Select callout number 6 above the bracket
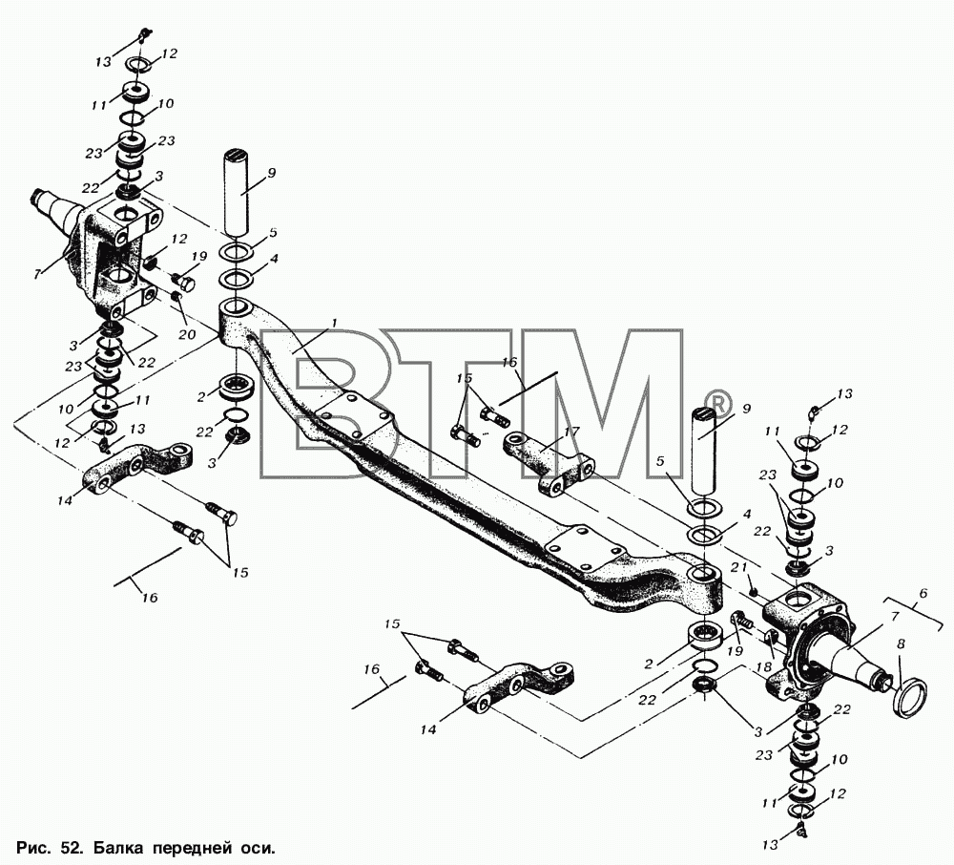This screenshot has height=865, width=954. (923, 594)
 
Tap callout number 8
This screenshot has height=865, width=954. (902, 644)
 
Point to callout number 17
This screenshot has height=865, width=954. (571, 432)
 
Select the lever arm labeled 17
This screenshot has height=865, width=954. (548, 464)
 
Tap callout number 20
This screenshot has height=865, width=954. (187, 334)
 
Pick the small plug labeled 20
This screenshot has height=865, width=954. (177, 297)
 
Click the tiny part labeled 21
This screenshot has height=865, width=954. (754, 592)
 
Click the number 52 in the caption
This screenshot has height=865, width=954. (70, 847)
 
